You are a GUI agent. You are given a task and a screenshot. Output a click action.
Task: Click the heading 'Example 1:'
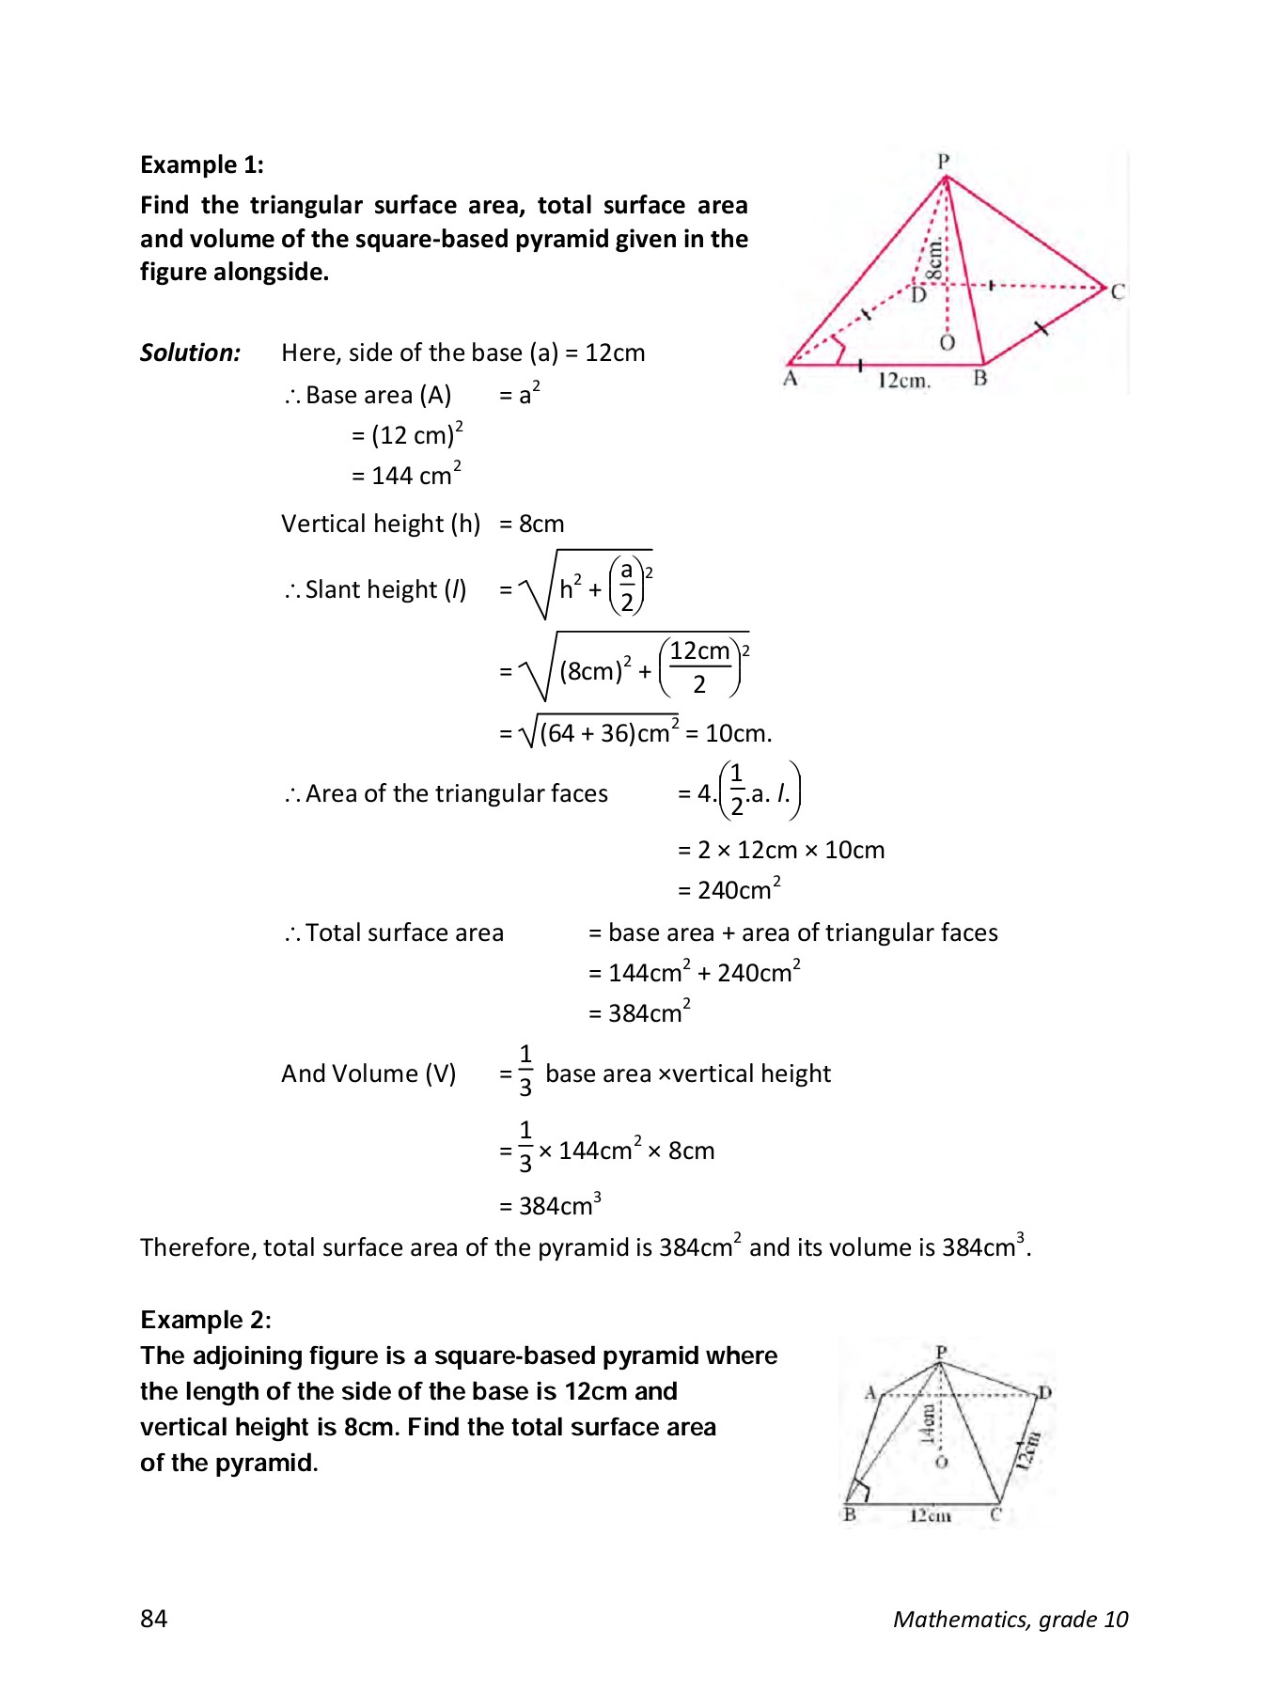(201, 164)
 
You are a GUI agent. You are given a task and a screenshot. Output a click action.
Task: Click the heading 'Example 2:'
(205, 1320)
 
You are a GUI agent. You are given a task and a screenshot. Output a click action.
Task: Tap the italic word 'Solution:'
(190, 352)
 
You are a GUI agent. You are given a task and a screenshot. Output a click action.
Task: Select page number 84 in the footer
(154, 1618)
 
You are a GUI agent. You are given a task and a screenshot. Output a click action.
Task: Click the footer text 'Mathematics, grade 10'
(1010, 1619)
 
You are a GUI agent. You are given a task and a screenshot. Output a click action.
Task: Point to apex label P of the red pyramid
(944, 161)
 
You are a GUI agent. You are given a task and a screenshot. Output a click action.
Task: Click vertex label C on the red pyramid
(1117, 291)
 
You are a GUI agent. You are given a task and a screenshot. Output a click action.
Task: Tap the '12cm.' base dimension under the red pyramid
(903, 381)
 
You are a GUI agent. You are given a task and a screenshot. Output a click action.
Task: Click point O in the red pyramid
(947, 343)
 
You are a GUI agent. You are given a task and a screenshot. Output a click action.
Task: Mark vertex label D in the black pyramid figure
(1044, 1392)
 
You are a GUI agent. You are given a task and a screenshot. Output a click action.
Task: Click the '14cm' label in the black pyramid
(928, 1424)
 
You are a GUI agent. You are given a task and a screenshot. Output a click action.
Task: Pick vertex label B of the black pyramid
(850, 1514)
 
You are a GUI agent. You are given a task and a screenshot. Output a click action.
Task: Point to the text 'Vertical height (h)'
(381, 524)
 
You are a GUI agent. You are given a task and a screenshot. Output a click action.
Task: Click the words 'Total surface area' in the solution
(404, 932)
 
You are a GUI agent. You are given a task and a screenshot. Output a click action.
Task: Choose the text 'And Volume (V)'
(368, 1073)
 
